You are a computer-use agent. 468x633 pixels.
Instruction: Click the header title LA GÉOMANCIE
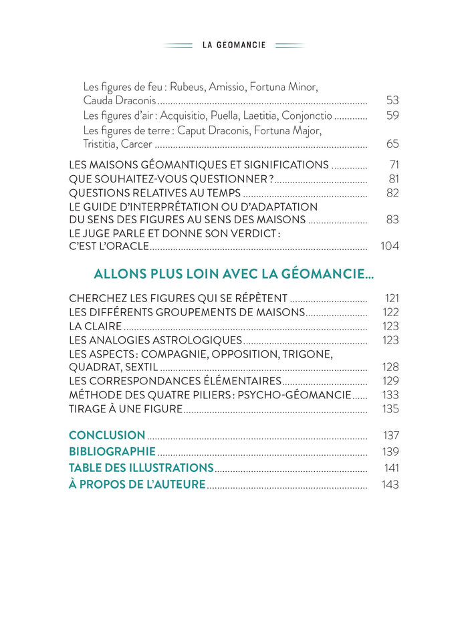(234, 45)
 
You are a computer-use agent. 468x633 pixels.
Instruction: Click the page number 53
(392, 100)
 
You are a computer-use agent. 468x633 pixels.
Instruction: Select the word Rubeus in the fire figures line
(188, 87)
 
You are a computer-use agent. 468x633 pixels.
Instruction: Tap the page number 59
(392, 116)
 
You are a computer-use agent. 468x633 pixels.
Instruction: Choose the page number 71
(393, 165)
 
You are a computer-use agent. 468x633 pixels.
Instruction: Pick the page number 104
(389, 246)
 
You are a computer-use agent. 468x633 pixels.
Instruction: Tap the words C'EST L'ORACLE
(109, 246)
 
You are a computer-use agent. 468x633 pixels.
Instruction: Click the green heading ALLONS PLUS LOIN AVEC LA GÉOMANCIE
(233, 274)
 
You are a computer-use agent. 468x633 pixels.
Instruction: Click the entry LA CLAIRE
(96, 326)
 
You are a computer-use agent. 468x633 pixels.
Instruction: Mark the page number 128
(390, 367)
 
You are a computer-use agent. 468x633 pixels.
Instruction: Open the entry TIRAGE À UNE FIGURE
(126, 409)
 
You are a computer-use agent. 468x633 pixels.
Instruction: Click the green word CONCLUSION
(107, 435)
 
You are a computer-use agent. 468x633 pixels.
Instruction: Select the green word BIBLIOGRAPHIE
(112, 452)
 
